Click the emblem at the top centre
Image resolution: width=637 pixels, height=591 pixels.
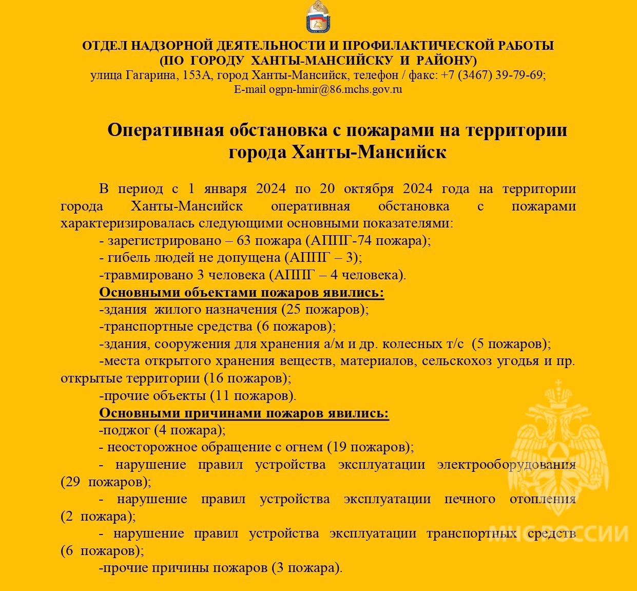pos(318,17)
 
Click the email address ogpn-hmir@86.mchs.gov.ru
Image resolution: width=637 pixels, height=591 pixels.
pos(336,89)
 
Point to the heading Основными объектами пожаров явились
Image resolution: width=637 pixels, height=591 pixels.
pos(241,293)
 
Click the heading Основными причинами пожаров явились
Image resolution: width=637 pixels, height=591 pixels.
pos(244,413)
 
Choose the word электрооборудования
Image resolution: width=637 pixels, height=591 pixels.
pos(506,465)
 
